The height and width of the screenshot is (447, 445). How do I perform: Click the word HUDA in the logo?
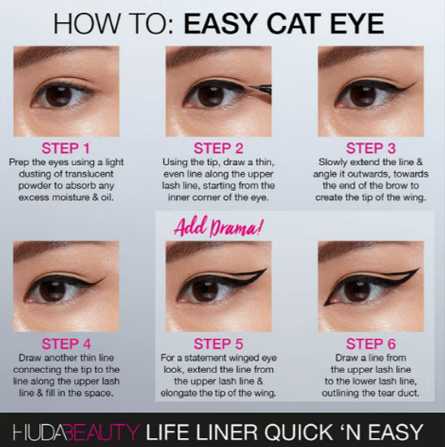[38, 428]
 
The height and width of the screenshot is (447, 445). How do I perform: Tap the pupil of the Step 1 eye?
[58, 95]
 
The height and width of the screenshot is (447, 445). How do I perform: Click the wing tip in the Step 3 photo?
[415, 82]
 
